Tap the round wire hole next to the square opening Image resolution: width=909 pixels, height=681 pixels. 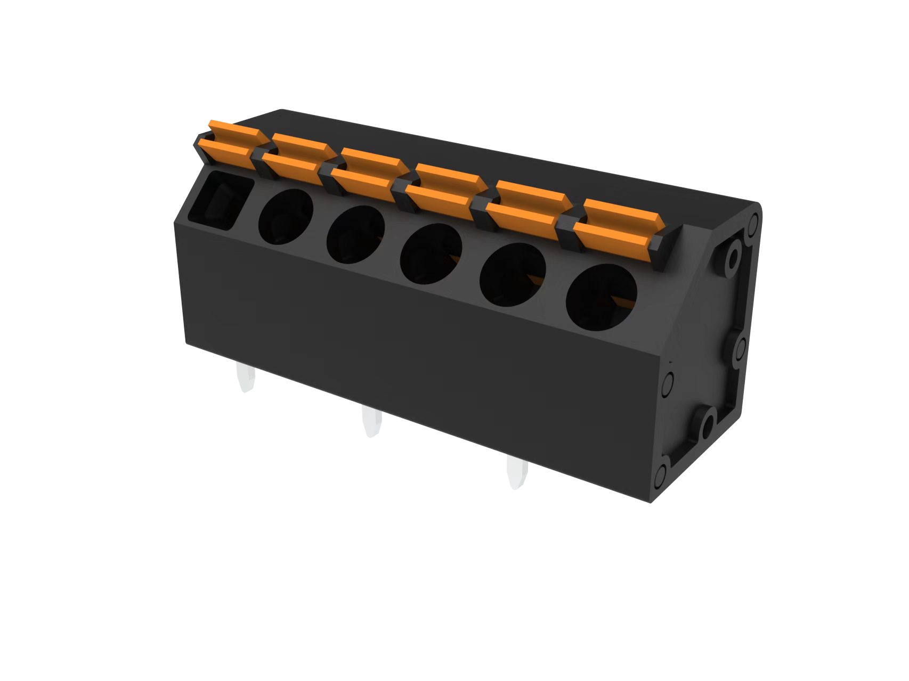pos(285,217)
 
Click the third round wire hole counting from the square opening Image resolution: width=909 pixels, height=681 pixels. pos(431,254)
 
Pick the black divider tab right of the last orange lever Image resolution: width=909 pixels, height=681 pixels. pos(667,248)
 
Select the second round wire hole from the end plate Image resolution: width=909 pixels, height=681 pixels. pos(513,275)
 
